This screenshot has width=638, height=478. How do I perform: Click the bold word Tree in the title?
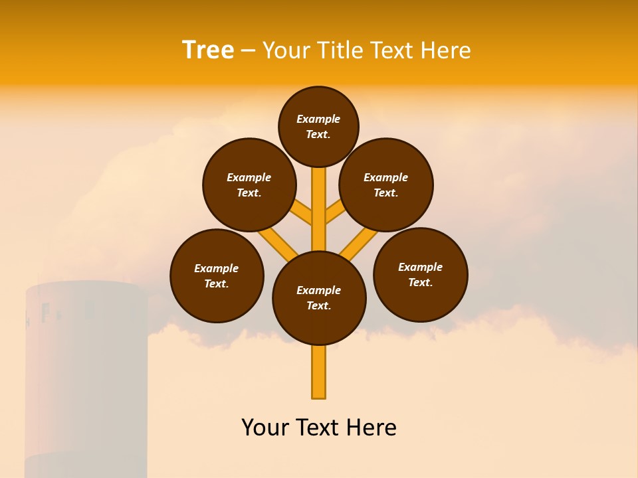(208, 50)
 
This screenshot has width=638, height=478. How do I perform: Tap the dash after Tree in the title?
(248, 51)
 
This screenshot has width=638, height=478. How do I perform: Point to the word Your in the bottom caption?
(266, 428)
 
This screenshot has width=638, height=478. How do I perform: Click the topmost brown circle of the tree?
(318, 126)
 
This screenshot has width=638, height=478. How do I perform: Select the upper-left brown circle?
(249, 185)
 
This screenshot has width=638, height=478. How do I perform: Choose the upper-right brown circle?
(386, 185)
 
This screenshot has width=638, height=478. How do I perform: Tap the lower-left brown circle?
(217, 276)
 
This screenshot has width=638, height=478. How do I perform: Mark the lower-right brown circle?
(420, 274)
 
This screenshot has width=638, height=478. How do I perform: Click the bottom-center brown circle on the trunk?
(319, 297)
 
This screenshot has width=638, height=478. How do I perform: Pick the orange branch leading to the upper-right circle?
(336, 212)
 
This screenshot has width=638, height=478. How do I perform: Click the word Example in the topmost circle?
(318, 119)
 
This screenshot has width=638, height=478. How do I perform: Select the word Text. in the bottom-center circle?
(319, 305)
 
